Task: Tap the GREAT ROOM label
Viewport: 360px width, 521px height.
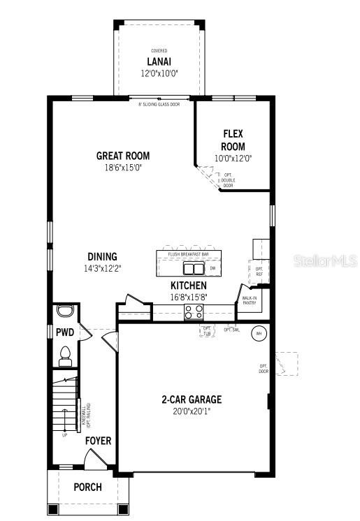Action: click(x=123, y=156)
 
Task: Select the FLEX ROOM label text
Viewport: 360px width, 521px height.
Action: click(x=233, y=140)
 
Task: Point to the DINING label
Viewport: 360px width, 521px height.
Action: click(x=102, y=256)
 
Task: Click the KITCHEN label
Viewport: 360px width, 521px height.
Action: click(x=189, y=286)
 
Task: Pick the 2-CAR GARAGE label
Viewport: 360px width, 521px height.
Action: click(x=192, y=399)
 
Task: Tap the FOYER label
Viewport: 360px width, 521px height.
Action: click(x=98, y=441)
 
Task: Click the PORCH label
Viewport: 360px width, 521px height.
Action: click(x=87, y=487)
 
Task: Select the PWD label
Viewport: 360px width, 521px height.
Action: click(x=65, y=332)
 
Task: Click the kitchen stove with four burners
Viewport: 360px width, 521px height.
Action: click(x=194, y=312)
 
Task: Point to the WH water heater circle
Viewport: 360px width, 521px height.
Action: click(x=258, y=334)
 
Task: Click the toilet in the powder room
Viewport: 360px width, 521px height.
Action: click(x=66, y=356)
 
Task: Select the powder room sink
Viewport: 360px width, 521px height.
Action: click(x=66, y=311)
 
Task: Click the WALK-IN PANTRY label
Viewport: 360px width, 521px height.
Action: click(x=250, y=300)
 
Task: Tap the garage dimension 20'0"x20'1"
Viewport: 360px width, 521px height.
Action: click(x=192, y=411)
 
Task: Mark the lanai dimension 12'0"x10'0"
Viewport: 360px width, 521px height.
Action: click(x=159, y=73)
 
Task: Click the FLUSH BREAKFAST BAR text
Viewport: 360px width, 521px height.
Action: click(x=189, y=254)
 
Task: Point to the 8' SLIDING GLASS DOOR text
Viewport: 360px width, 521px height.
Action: click(x=159, y=104)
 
